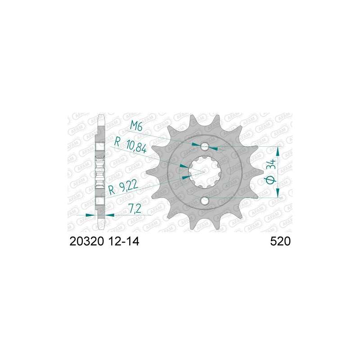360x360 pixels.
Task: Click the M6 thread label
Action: click(x=136, y=126)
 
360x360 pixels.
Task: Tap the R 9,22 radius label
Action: click(x=123, y=187)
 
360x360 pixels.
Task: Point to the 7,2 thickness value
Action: click(x=135, y=209)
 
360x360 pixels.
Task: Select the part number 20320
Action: click(x=87, y=242)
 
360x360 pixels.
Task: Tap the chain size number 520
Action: click(x=280, y=242)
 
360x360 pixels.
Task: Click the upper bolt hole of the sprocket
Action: click(x=205, y=146)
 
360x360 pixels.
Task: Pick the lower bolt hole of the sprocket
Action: click(x=205, y=200)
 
